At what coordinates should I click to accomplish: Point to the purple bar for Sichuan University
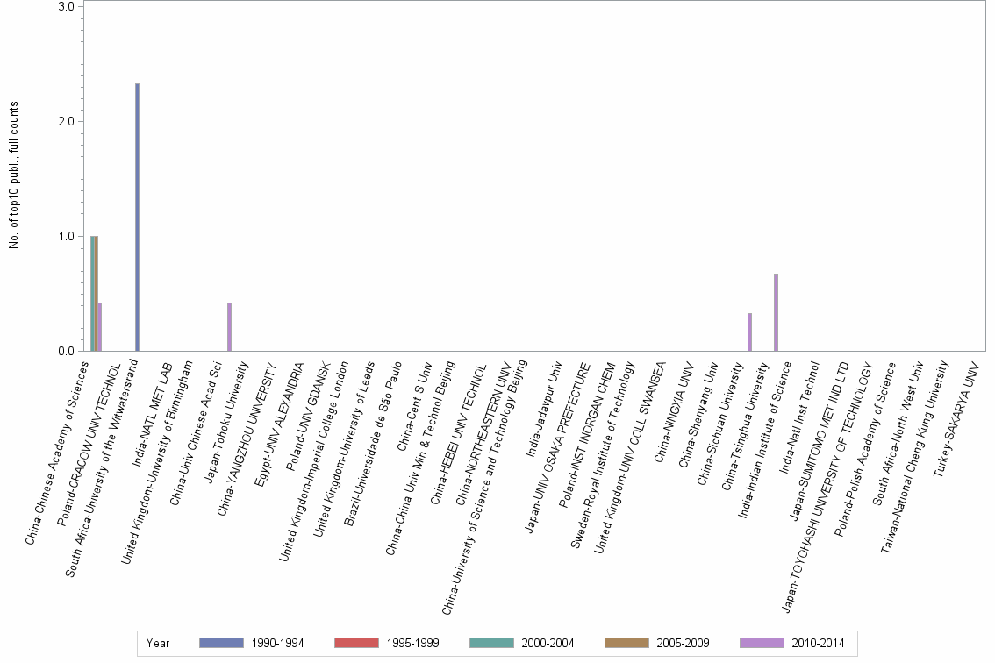point(749,332)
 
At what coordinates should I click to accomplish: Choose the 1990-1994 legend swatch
point(222,643)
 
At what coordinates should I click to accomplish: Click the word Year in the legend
point(158,643)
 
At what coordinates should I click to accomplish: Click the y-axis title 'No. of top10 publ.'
point(14,175)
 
